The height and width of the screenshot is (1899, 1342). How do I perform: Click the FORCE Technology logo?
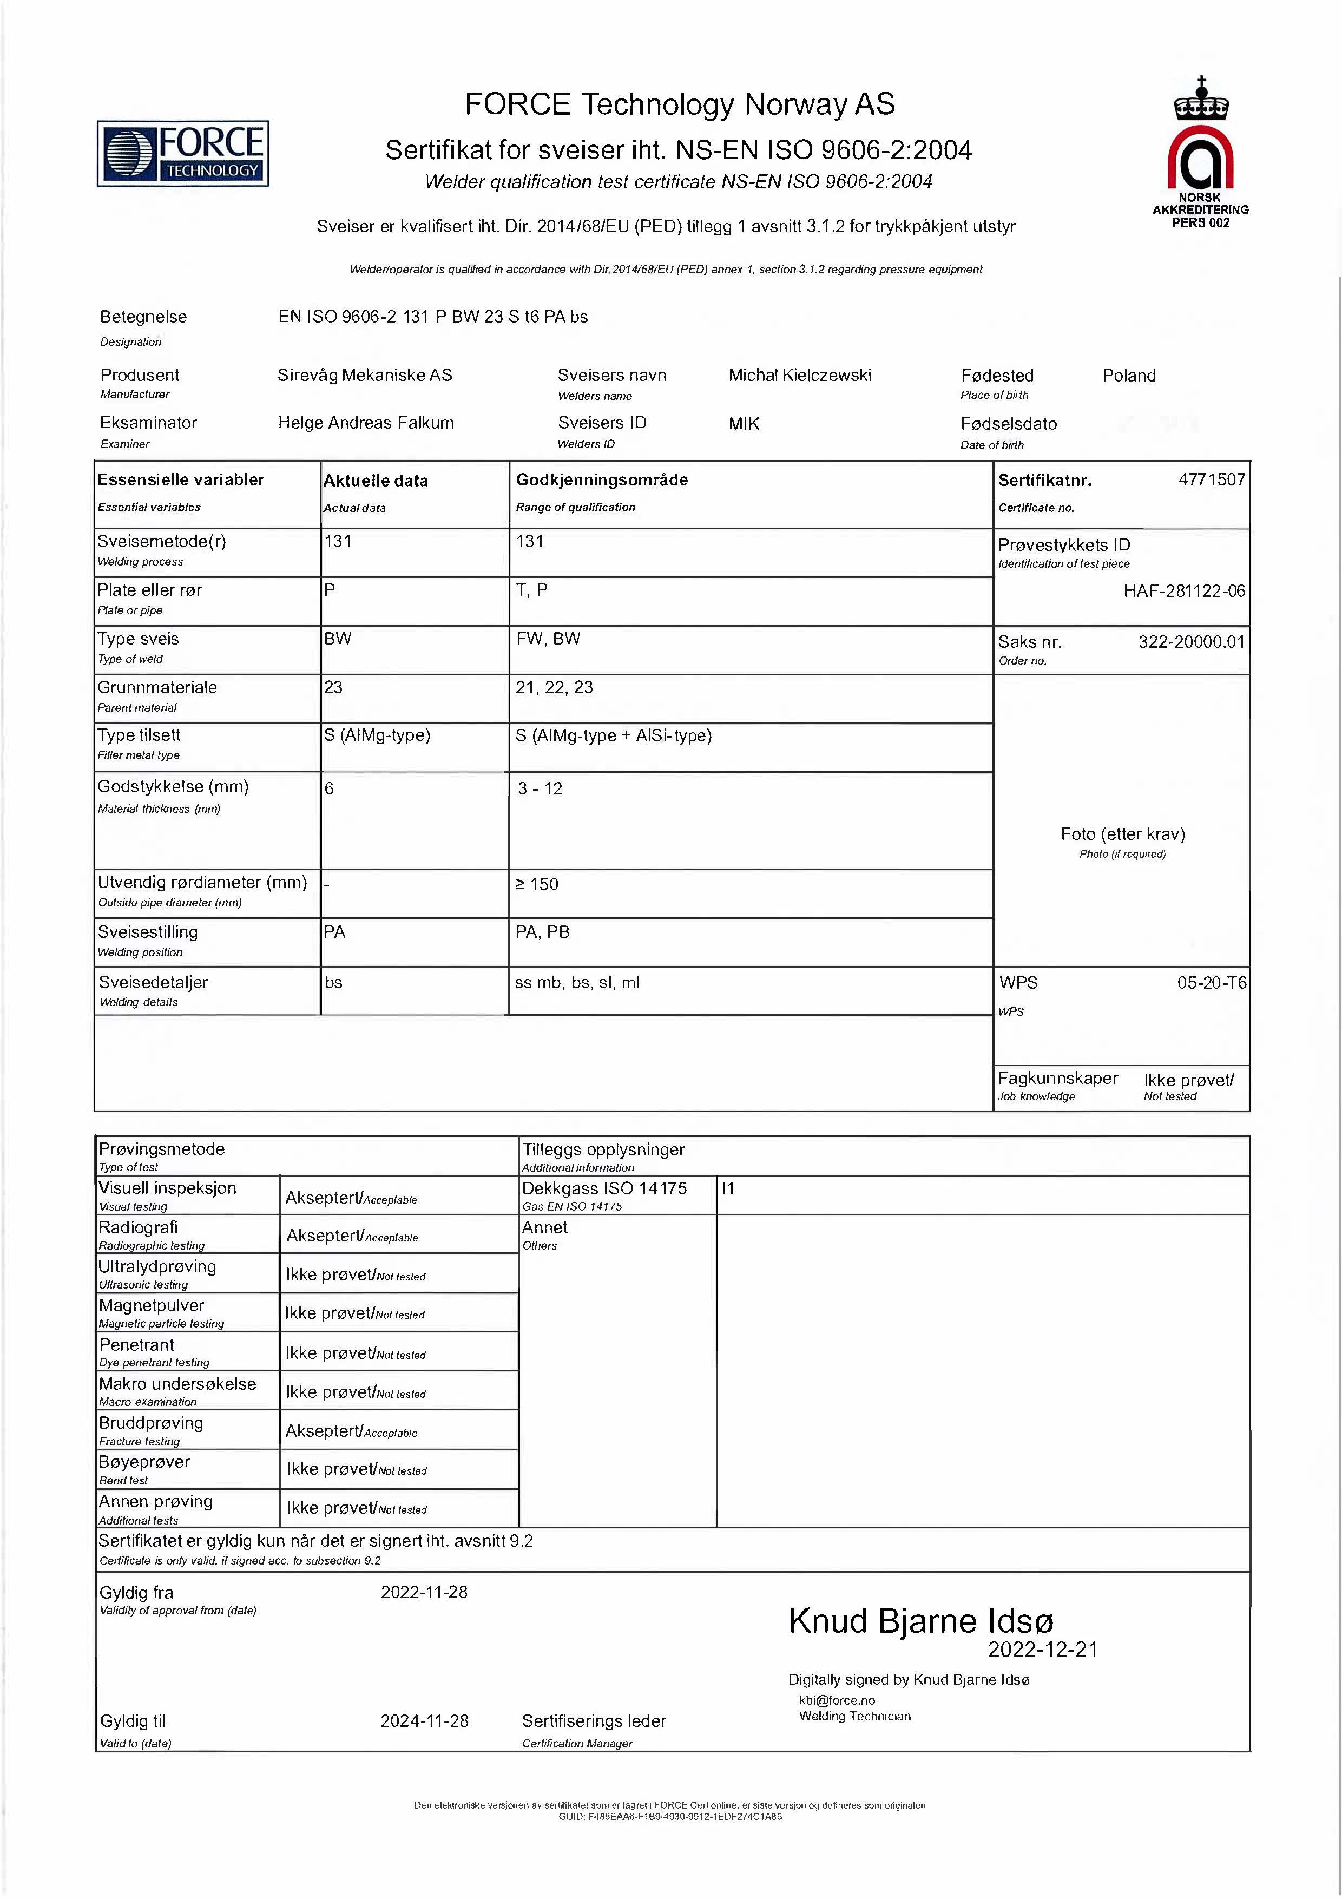point(183,153)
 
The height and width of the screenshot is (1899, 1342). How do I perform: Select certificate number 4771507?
point(1212,479)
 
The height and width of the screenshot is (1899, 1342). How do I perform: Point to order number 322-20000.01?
point(1190,642)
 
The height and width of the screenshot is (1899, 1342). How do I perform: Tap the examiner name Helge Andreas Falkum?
point(365,423)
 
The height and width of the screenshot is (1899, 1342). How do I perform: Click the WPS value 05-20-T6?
point(1212,983)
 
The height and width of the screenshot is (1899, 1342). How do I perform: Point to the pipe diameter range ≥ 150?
point(537,885)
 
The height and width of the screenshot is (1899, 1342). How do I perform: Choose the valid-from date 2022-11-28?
point(424,1592)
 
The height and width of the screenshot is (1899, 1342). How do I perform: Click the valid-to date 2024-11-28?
point(424,1721)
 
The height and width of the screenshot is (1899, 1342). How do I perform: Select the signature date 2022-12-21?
point(1043,1650)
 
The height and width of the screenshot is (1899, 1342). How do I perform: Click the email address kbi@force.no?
point(837,1700)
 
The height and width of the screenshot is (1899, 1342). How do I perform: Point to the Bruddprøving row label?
point(152,1423)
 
